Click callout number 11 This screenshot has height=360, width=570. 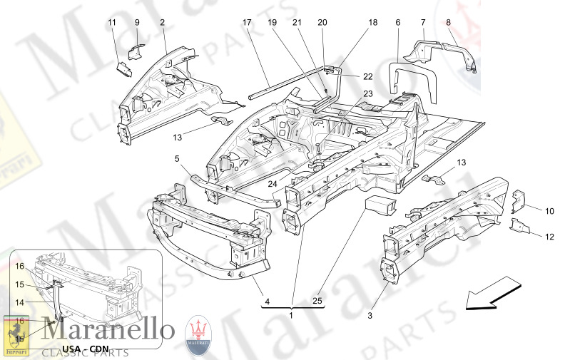tap(112, 23)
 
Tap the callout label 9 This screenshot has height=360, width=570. tap(137, 23)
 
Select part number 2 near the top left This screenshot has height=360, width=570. tap(163, 23)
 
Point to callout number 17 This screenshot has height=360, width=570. tap(247, 23)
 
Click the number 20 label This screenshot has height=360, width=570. tap(322, 23)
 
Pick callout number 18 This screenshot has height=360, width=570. tap(372, 23)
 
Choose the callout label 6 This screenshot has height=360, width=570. tap(397, 23)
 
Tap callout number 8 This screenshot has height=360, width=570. tap(449, 23)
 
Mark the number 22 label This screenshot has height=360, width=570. tap(367, 76)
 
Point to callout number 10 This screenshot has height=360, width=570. tap(549, 211)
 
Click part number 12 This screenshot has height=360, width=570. tap(549, 237)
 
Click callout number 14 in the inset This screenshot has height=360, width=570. tap(21, 303)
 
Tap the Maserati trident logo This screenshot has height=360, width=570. tap(199, 334)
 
